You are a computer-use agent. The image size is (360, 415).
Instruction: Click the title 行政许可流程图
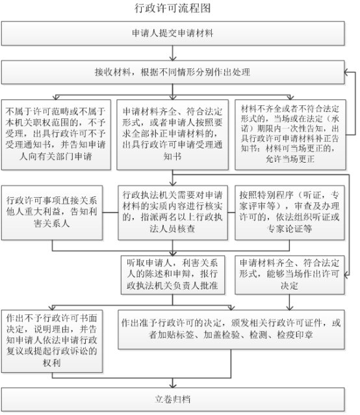[x=173, y=8]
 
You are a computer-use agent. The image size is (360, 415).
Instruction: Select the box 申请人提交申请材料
[x=173, y=33]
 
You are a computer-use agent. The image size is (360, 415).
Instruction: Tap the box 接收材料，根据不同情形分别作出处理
[x=173, y=72]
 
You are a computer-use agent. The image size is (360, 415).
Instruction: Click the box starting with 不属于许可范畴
[x=56, y=135]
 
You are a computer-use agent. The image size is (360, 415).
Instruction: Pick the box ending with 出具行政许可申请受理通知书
[x=173, y=135]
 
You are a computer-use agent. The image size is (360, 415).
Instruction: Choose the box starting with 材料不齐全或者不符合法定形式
[x=290, y=135]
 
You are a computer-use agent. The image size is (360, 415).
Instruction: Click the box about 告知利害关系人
[x=52, y=213]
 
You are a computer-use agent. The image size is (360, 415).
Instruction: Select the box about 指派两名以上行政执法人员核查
[x=173, y=213]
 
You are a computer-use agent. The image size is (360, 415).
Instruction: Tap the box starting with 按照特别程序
[x=290, y=213]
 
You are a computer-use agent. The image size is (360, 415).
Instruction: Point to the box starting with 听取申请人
[x=173, y=275]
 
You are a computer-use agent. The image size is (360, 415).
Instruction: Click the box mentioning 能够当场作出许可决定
[x=290, y=275]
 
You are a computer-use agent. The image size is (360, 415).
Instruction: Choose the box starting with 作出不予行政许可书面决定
[x=52, y=341]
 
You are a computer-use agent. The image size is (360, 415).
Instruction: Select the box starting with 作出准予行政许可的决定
[x=231, y=330]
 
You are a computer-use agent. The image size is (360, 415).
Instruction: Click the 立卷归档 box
[x=173, y=399]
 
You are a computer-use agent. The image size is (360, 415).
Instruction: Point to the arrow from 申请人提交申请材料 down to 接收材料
[x=173, y=53]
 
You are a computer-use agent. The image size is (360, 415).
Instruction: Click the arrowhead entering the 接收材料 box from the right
[x=346, y=72]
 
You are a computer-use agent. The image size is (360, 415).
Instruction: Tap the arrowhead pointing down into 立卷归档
[x=173, y=385]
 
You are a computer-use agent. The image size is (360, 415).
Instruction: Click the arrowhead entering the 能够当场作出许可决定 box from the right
[x=346, y=275]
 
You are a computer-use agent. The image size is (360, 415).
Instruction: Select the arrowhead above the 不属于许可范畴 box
[x=56, y=98]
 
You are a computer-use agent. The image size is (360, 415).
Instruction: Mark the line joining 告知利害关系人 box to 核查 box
[x=110, y=213]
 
